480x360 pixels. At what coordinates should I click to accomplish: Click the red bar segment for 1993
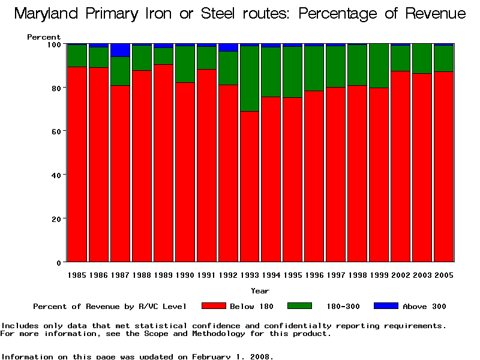pyautogui.click(x=250, y=187)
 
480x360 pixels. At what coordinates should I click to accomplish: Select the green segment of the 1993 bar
pyautogui.click(x=250, y=79)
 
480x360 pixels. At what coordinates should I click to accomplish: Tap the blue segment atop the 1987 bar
pyautogui.click(x=120, y=50)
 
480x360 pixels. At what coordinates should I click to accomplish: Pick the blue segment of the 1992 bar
pyautogui.click(x=228, y=47)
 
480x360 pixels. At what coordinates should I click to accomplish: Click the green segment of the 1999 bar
pyautogui.click(x=379, y=66)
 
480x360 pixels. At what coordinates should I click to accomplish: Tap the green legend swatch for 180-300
pyautogui.click(x=299, y=306)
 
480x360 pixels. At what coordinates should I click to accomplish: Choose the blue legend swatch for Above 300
pyautogui.click(x=386, y=306)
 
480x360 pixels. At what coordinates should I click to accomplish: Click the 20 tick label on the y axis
pyautogui.click(x=57, y=219)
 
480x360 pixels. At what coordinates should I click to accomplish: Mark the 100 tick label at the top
pyautogui.click(x=55, y=44)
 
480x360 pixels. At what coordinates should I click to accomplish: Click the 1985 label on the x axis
pyautogui.click(x=77, y=275)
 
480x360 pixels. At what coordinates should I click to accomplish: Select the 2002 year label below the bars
pyautogui.click(x=401, y=275)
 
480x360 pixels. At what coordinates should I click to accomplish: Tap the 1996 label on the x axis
pyautogui.click(x=314, y=275)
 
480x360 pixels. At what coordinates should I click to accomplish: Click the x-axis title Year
pyautogui.click(x=260, y=291)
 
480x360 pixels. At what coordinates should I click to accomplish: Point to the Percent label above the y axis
pyautogui.click(x=44, y=37)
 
